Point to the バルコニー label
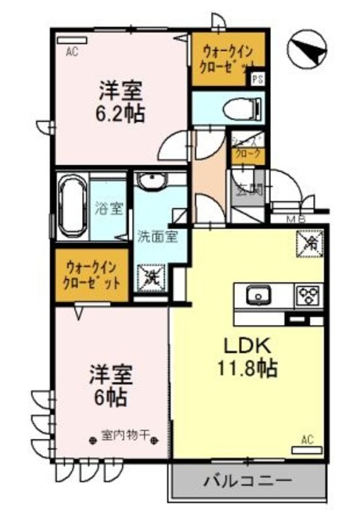[247, 481]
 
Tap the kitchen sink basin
[259, 296]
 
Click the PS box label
[257, 79]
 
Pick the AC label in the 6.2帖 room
[72, 53]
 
